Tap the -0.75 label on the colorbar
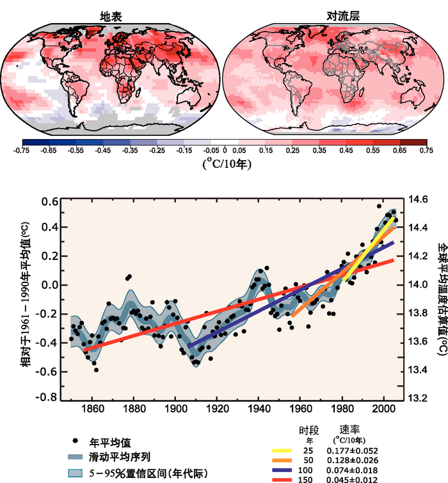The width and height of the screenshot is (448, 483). click(x=22, y=151)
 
